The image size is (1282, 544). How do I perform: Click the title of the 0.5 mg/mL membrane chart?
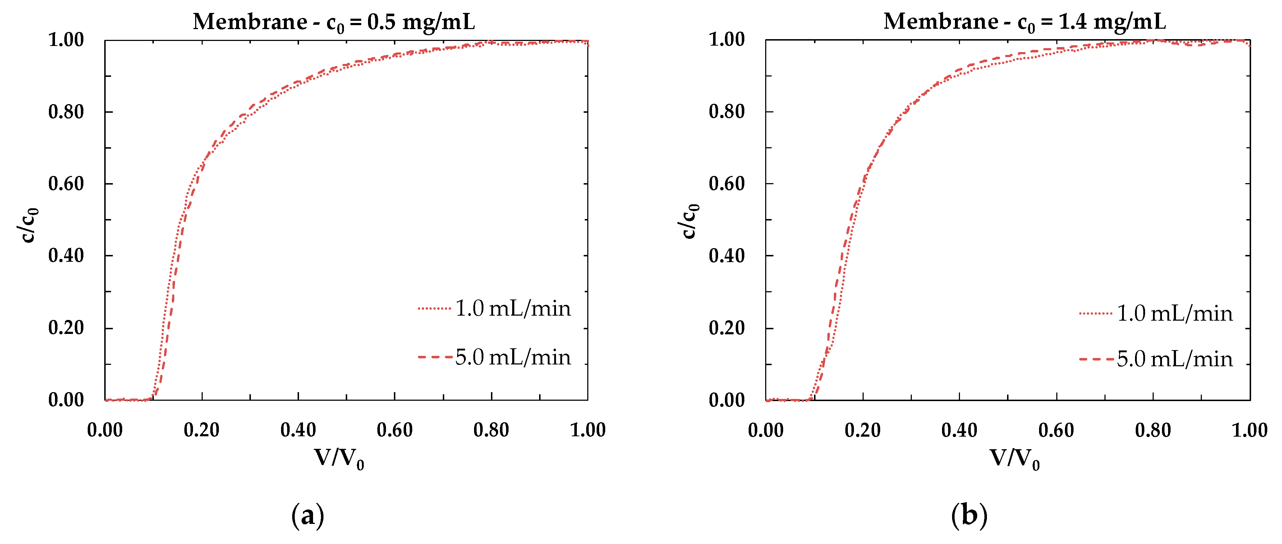click(334, 22)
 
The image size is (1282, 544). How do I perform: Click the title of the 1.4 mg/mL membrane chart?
click(1024, 22)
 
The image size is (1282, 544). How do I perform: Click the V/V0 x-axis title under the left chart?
click(339, 459)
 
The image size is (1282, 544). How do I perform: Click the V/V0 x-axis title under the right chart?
click(1014, 459)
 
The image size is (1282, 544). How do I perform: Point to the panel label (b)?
click(969, 516)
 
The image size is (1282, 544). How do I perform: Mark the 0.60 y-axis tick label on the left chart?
click(66, 184)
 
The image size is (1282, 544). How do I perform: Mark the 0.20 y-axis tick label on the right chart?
click(727, 328)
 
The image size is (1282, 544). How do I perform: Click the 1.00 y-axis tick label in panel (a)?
click(66, 40)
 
